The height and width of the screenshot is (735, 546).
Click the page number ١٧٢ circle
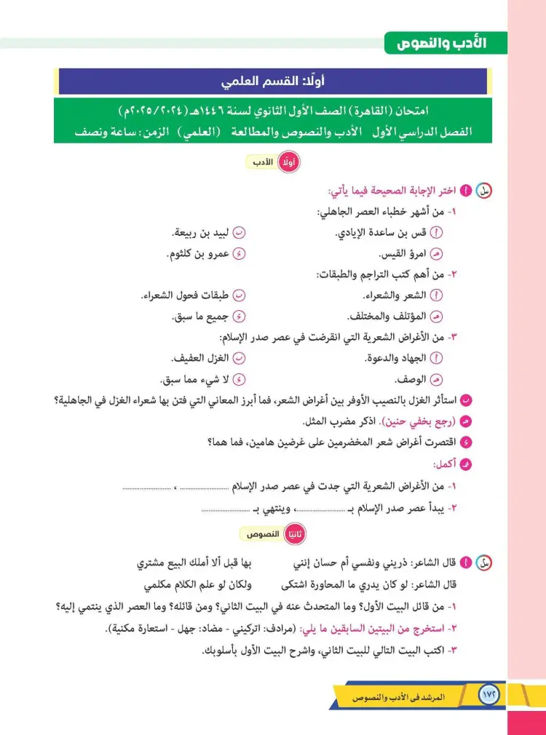pos(488,696)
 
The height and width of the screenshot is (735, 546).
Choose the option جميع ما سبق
pos(201,317)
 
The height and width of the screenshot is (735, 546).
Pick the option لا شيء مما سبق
pos(194,379)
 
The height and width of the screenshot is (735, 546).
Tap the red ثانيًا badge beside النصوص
pos(293,534)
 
